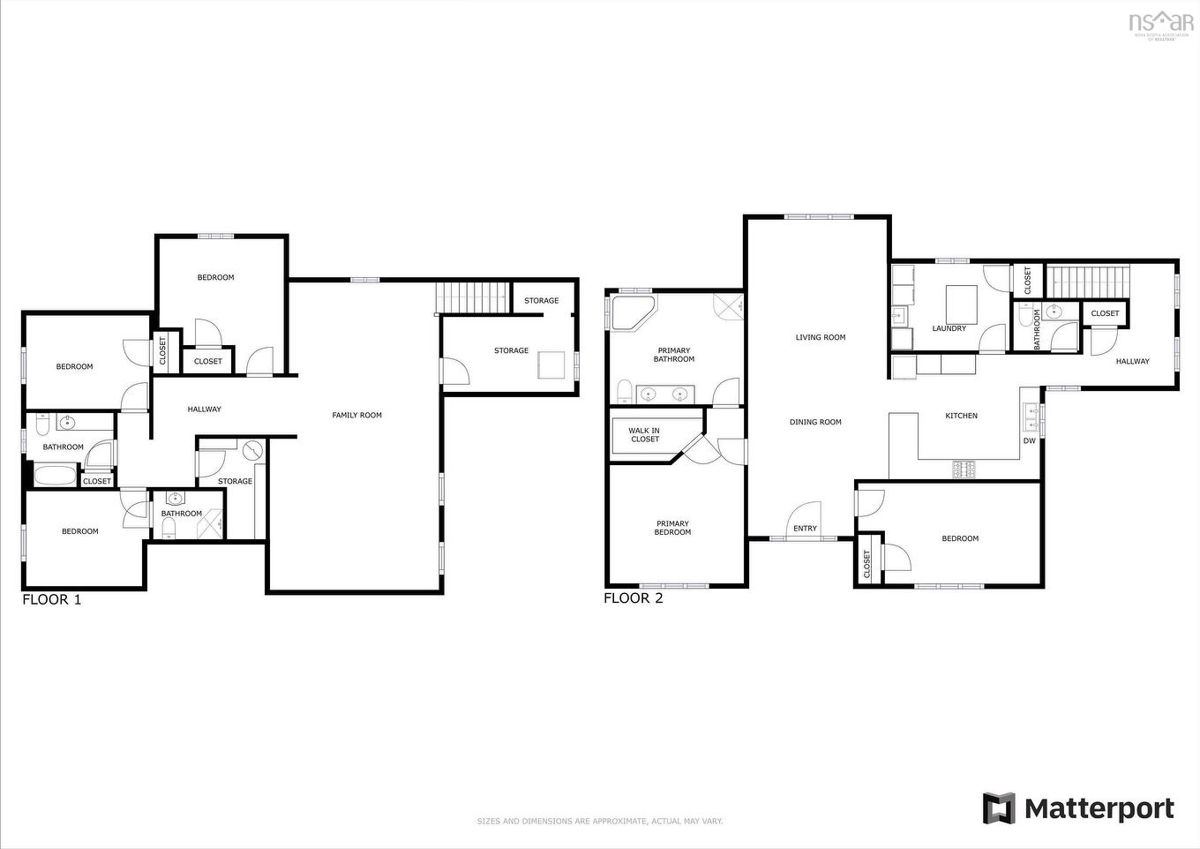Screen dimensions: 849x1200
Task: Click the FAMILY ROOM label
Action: tap(356, 415)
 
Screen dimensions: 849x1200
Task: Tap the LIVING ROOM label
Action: tap(820, 337)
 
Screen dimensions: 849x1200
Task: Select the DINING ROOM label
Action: tap(815, 422)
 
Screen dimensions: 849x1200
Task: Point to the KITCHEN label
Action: tap(961, 416)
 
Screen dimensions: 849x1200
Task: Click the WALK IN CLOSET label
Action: tap(644, 435)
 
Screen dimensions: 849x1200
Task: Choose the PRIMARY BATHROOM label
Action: tap(673, 355)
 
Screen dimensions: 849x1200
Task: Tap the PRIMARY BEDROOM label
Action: tap(672, 528)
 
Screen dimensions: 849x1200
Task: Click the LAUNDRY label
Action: tap(949, 328)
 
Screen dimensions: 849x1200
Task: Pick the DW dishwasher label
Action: tap(1029, 440)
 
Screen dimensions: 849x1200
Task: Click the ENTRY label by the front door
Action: tap(805, 529)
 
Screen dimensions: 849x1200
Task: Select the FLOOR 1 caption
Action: tap(51, 600)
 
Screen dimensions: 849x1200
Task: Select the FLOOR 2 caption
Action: tap(633, 598)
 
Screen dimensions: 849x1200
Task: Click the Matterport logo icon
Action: tap(999, 808)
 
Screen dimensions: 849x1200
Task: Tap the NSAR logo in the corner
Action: tap(1161, 23)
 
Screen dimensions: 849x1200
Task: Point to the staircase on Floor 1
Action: tap(474, 297)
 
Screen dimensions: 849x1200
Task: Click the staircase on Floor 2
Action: tap(1087, 282)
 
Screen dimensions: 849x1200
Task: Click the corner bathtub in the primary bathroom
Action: tap(632, 313)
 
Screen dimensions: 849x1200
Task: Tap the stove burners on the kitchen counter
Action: tap(964, 469)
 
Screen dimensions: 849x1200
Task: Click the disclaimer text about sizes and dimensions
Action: tap(600, 821)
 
